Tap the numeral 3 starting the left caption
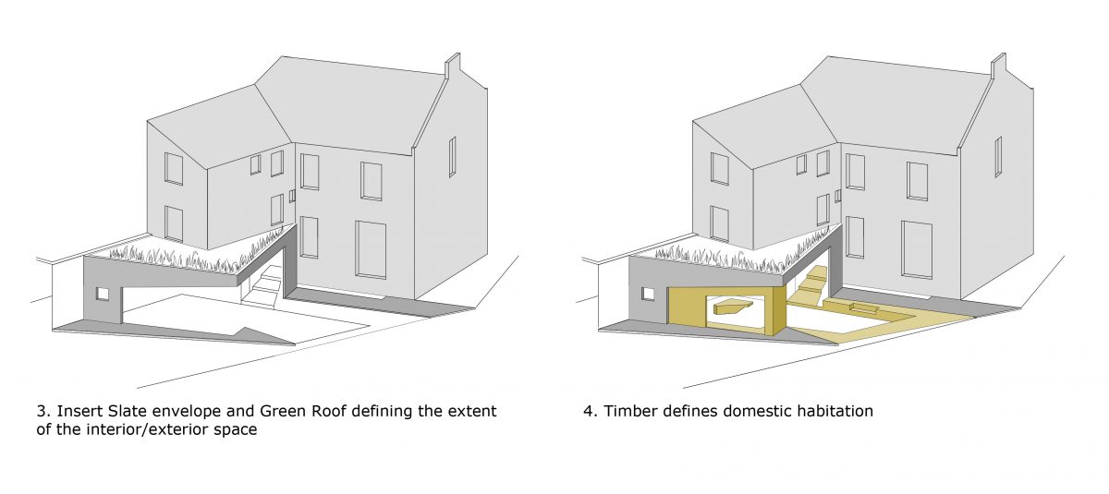[x=41, y=411]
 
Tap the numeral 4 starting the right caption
[x=588, y=411]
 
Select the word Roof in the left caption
[x=318, y=411]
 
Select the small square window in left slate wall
[x=103, y=294]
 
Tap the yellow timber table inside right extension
[x=730, y=307]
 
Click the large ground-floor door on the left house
[x=371, y=248]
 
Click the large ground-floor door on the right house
[x=917, y=248]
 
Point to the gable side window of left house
[x=452, y=156]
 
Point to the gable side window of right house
[x=998, y=156]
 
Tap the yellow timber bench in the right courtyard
[x=859, y=307]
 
